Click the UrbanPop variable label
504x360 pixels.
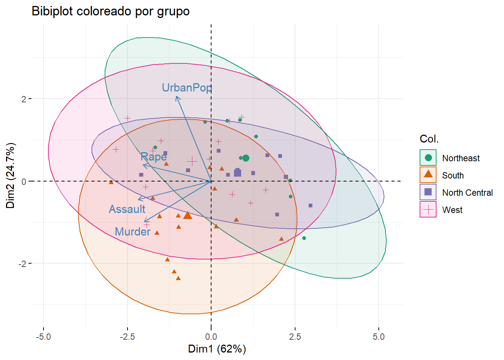click(187, 88)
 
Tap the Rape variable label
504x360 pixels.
click(153, 157)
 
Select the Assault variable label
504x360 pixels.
click(127, 209)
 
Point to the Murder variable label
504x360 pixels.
click(132, 232)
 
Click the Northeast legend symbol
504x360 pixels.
click(428, 158)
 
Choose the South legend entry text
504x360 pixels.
click(453, 175)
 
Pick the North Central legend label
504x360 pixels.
click(467, 193)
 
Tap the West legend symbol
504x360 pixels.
click(428, 210)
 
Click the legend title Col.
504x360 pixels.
click(429, 139)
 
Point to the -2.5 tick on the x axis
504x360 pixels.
click(127, 337)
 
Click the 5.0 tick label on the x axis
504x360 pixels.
click(379, 337)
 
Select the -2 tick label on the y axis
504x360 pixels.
click(23, 264)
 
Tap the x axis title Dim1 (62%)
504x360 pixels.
click(217, 349)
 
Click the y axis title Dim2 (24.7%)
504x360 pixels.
click(10, 175)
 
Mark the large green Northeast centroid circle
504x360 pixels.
click(246, 158)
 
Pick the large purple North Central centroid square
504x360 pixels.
click(237, 173)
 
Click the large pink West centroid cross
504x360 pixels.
click(192, 161)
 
